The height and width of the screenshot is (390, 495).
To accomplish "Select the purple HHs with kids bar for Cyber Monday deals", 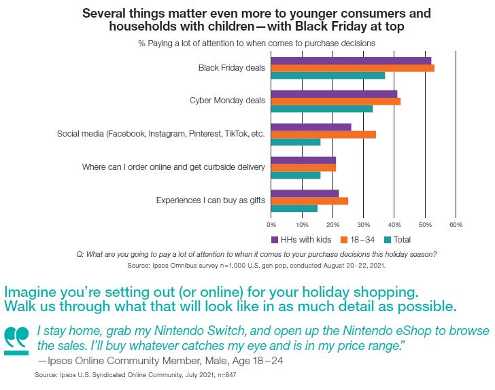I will [x=334, y=94].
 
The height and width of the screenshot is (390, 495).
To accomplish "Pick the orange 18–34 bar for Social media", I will [x=323, y=135].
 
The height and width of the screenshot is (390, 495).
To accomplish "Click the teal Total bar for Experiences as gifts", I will [x=294, y=208].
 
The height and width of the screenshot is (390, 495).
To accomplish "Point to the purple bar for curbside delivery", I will [x=303, y=160].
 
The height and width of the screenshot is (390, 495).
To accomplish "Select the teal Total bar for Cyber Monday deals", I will [x=322, y=108].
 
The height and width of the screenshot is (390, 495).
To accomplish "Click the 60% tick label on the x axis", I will [x=456, y=224].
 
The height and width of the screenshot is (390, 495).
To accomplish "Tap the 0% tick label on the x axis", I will [x=271, y=224].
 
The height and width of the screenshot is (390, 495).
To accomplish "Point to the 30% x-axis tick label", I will [x=364, y=224].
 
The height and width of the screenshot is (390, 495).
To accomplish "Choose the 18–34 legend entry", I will [x=358, y=239].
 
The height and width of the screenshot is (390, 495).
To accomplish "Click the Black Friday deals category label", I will [x=231, y=68].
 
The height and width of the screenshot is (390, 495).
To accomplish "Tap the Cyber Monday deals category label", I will [x=227, y=101].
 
